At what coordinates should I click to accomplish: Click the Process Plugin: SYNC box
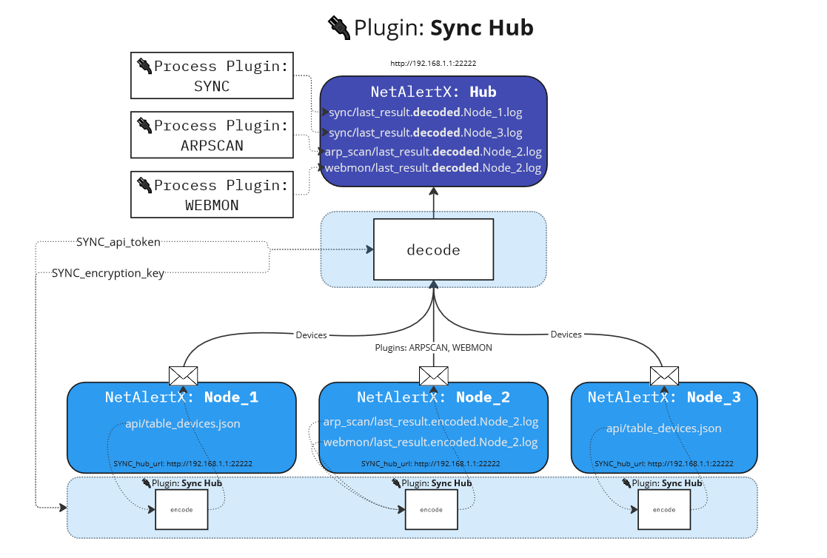pyautogui.click(x=212, y=75)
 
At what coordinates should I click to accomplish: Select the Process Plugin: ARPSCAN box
pyautogui.click(x=212, y=135)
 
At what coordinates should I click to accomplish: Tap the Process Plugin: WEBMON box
pyautogui.click(x=212, y=195)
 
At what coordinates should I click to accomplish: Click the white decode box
pyautogui.click(x=433, y=249)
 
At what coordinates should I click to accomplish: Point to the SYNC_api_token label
pyautogui.click(x=118, y=241)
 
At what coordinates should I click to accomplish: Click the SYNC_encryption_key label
pyautogui.click(x=108, y=272)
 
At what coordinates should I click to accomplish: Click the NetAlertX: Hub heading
pyautogui.click(x=433, y=93)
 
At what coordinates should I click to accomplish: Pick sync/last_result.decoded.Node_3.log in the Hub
pyautogui.click(x=426, y=132)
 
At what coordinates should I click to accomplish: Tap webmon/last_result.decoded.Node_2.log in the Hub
pyautogui.click(x=433, y=168)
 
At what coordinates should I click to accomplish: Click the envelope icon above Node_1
pyautogui.click(x=183, y=375)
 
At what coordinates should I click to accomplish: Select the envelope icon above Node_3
pyautogui.click(x=664, y=375)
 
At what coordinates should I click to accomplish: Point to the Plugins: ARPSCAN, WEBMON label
pyautogui.click(x=434, y=346)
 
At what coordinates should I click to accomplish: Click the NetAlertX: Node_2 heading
pyautogui.click(x=433, y=397)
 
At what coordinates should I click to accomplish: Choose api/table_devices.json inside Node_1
pyautogui.click(x=182, y=423)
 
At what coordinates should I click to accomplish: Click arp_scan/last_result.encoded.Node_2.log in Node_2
pyautogui.click(x=431, y=422)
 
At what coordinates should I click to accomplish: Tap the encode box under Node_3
pyautogui.click(x=663, y=510)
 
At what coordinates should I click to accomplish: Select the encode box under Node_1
pyautogui.click(x=181, y=510)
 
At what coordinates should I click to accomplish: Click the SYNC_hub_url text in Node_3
pyautogui.click(x=664, y=463)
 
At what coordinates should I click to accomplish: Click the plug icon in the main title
pyautogui.click(x=339, y=27)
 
